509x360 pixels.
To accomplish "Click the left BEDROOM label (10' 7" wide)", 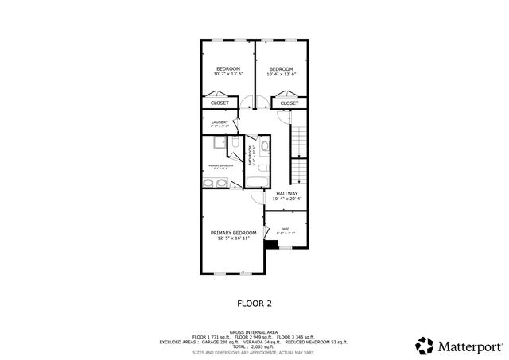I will (x=229, y=69).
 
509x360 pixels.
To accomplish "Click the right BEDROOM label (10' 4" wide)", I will (x=281, y=69).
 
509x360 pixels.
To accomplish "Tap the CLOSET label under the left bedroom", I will (x=220, y=103).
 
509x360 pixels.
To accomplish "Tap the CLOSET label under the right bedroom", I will (x=289, y=103).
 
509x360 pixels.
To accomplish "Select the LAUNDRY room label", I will (x=220, y=122).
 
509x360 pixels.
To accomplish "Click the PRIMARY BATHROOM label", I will (x=220, y=165).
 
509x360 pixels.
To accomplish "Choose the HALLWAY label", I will (x=287, y=193).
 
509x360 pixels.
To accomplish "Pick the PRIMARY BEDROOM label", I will (x=233, y=233).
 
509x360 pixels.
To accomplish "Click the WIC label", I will (x=286, y=230).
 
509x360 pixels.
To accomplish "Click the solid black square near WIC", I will (x=272, y=245).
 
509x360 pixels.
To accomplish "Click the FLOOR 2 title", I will (x=254, y=303).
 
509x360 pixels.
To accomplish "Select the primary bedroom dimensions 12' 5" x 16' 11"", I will (x=233, y=238).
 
